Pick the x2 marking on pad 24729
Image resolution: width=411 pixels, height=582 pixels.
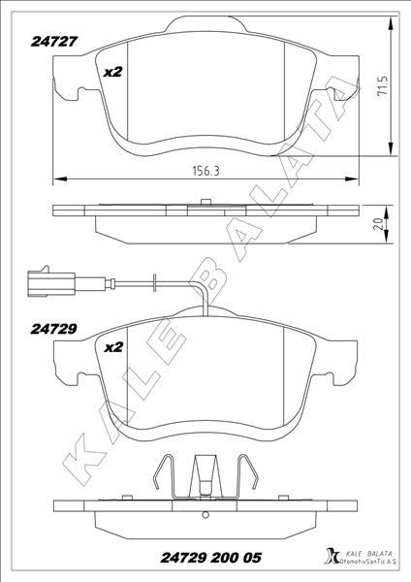coord(112,344)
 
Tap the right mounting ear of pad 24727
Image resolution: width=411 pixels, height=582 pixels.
coord(340,95)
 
